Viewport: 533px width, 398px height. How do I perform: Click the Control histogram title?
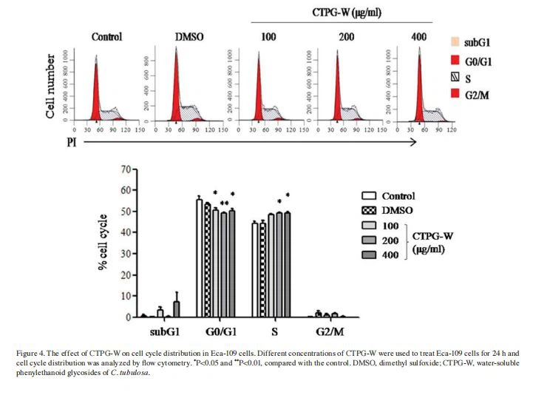106,36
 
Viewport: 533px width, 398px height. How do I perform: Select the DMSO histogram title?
187,36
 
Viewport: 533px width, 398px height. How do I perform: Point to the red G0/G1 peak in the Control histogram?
95,96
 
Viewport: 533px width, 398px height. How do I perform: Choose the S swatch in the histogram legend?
455,75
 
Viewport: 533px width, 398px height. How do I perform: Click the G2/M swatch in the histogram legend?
455,92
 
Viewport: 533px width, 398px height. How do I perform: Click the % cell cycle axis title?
105,243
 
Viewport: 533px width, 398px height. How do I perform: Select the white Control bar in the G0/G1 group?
199,258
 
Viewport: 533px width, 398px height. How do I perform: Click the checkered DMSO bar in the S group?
262,270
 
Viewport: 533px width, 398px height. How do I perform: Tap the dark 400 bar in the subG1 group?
176,308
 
